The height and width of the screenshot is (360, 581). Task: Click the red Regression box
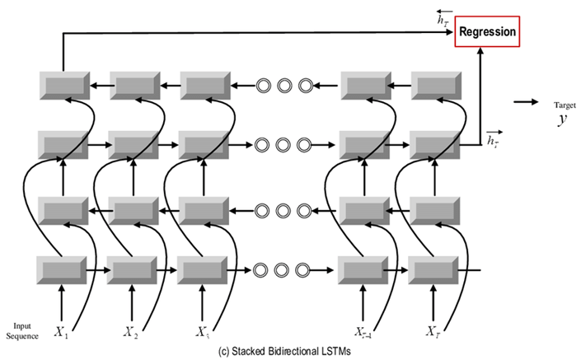click(488, 32)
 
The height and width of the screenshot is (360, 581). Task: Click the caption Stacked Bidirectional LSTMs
click(280, 351)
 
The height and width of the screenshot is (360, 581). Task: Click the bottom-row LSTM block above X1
click(62, 269)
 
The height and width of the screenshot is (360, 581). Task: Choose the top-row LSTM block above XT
click(433, 84)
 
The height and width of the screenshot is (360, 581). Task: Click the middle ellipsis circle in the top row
click(285, 84)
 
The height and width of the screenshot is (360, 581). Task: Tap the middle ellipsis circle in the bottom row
click(285, 269)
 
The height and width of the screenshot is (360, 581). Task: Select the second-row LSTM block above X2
click(132, 146)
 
